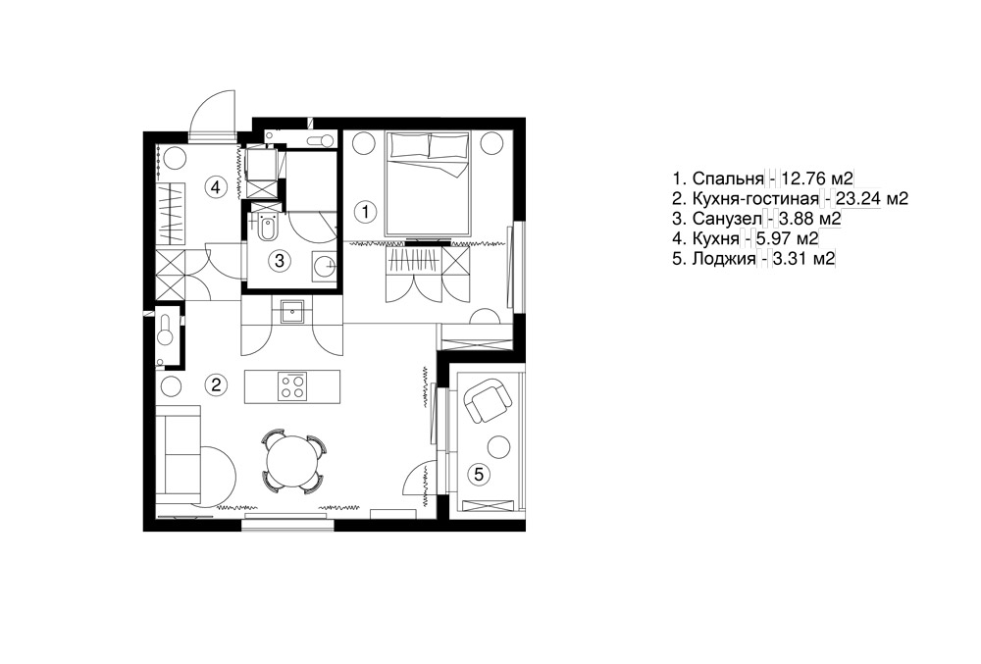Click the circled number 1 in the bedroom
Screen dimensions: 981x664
pos(365,211)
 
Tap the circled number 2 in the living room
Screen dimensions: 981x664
pos(216,383)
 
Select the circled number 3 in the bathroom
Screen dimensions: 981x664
pos(280,260)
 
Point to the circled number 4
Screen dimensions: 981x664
pos(215,186)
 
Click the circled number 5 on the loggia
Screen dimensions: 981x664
pos(479,474)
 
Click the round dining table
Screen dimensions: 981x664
pos(292,460)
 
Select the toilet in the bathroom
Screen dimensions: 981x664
pos(267,227)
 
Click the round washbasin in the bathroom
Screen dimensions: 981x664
pos(325,265)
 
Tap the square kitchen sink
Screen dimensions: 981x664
pos(292,311)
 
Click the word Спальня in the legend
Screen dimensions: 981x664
pos(728,179)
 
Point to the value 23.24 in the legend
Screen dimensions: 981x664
pos(855,199)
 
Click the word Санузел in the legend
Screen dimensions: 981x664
pos(727,219)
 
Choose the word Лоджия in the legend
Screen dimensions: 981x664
pos(724,259)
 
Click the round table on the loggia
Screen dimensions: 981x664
pos(499,447)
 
